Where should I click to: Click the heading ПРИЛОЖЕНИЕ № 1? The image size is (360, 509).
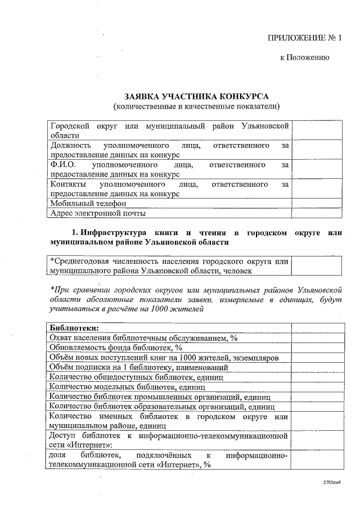304,38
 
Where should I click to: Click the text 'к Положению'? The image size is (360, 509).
301,57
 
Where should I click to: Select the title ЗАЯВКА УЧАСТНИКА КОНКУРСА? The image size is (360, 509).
196,96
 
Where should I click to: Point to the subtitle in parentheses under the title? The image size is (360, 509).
196,106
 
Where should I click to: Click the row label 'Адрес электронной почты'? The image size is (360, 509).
98,213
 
